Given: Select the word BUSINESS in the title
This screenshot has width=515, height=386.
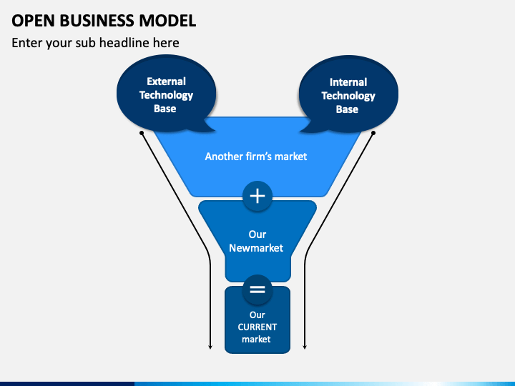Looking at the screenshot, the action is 97,21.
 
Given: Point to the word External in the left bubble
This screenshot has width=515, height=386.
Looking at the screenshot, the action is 166,81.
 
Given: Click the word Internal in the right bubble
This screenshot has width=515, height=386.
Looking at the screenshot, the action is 348,81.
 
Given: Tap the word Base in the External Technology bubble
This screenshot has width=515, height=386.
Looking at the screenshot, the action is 165,109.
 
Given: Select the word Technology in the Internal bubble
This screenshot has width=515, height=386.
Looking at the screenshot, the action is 348,96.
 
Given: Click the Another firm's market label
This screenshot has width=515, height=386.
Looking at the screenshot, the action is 256,157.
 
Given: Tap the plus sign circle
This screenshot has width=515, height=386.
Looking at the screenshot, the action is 257,196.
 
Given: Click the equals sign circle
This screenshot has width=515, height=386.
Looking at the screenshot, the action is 257,289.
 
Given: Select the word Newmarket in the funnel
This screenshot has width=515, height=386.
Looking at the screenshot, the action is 256,248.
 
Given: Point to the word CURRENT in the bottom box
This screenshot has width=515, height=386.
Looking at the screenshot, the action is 257,327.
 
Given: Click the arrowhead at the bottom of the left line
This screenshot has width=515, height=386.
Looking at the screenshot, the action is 210,347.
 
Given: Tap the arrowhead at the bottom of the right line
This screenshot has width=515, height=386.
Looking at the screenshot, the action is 305,347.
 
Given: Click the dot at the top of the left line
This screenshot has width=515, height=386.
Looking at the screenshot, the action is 142,133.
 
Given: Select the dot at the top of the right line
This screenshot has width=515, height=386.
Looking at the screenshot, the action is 373,133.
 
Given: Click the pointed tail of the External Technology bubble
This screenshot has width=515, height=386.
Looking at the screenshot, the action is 214,131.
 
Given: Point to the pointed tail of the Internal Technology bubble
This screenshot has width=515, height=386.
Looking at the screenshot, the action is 301,132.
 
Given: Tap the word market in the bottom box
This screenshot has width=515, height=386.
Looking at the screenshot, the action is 256,339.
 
